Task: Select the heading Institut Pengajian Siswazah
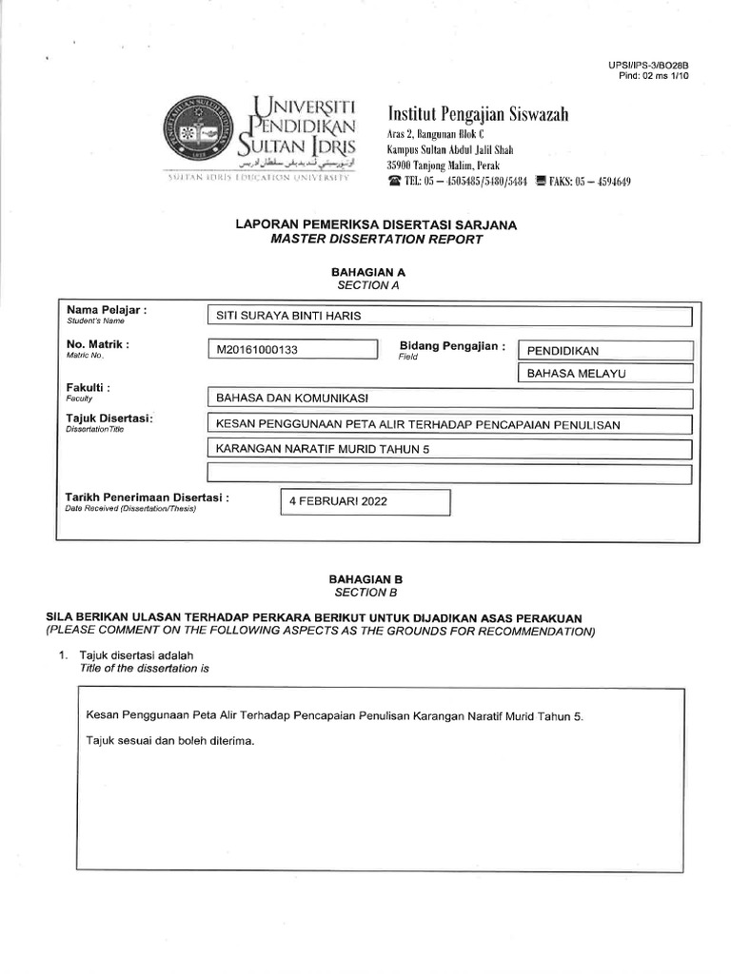[x=478, y=115]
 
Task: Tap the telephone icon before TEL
[x=394, y=182]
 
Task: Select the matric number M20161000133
[x=291, y=350]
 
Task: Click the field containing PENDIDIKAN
[x=604, y=351]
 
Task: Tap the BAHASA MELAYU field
[x=604, y=375]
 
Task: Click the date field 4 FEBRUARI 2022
[x=364, y=502]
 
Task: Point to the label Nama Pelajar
[x=106, y=311]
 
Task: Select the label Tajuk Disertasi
[x=109, y=419]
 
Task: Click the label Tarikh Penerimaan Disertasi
[x=147, y=497]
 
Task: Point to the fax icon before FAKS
[x=541, y=182]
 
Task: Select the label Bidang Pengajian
[x=452, y=346]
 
